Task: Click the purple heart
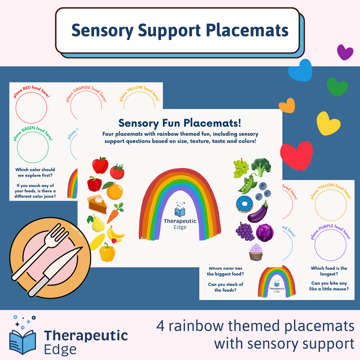click(345, 52)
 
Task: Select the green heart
click(337, 87)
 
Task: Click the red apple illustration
click(100, 165)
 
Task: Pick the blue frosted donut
click(244, 204)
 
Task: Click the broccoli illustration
click(261, 167)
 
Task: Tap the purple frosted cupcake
click(256, 252)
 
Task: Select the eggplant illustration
click(258, 213)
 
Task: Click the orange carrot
click(115, 213)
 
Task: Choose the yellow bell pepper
click(107, 252)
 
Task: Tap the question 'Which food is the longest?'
click(329, 271)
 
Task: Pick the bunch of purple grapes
click(245, 231)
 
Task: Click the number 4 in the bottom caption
click(160, 326)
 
